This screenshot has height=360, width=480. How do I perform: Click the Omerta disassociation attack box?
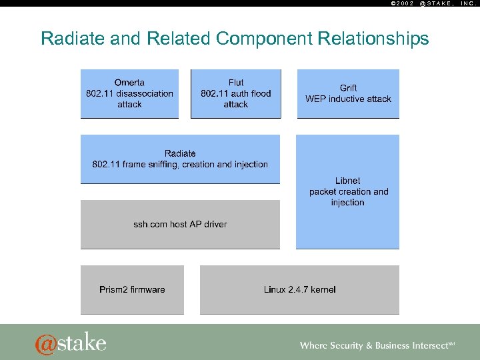pos(129,94)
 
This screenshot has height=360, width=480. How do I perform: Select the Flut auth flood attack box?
pos(235,94)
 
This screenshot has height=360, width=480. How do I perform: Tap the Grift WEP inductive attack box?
pos(348,94)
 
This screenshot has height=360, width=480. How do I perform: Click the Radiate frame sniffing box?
pos(180,159)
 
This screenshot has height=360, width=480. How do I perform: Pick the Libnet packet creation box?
pos(347,192)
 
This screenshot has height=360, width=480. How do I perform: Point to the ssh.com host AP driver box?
pos(180,225)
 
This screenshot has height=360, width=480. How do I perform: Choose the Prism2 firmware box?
pos(132,290)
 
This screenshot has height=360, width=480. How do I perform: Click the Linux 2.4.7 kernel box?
pos(299,290)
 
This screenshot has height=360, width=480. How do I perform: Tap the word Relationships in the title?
pos(373,39)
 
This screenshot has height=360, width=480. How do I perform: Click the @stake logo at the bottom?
pos(71,343)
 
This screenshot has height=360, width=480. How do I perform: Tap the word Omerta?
pos(129,83)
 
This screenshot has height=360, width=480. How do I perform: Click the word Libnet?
pos(348,181)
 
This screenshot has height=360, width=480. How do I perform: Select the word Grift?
pos(348,88)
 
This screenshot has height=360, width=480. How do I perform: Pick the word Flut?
pos(236,83)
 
